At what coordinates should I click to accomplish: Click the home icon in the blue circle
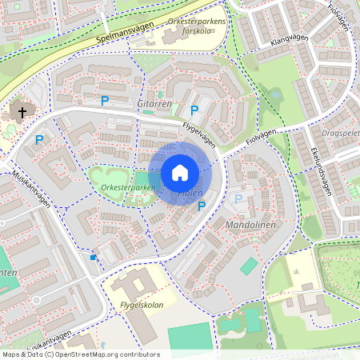click(180, 173)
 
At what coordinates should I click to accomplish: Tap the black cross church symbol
click(22, 113)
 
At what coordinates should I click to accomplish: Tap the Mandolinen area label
click(250, 226)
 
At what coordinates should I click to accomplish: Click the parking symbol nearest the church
click(39, 140)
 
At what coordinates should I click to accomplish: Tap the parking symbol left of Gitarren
click(104, 101)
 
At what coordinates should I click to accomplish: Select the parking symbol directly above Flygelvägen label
click(194, 110)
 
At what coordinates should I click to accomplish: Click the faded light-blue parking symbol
click(237, 198)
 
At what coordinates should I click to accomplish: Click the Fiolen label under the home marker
click(190, 194)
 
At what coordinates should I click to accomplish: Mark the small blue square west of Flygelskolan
click(94, 257)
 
